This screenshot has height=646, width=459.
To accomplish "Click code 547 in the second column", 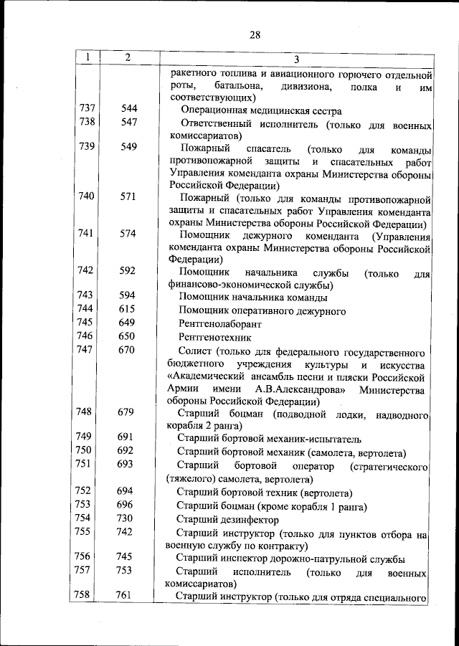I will tap(128, 123).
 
